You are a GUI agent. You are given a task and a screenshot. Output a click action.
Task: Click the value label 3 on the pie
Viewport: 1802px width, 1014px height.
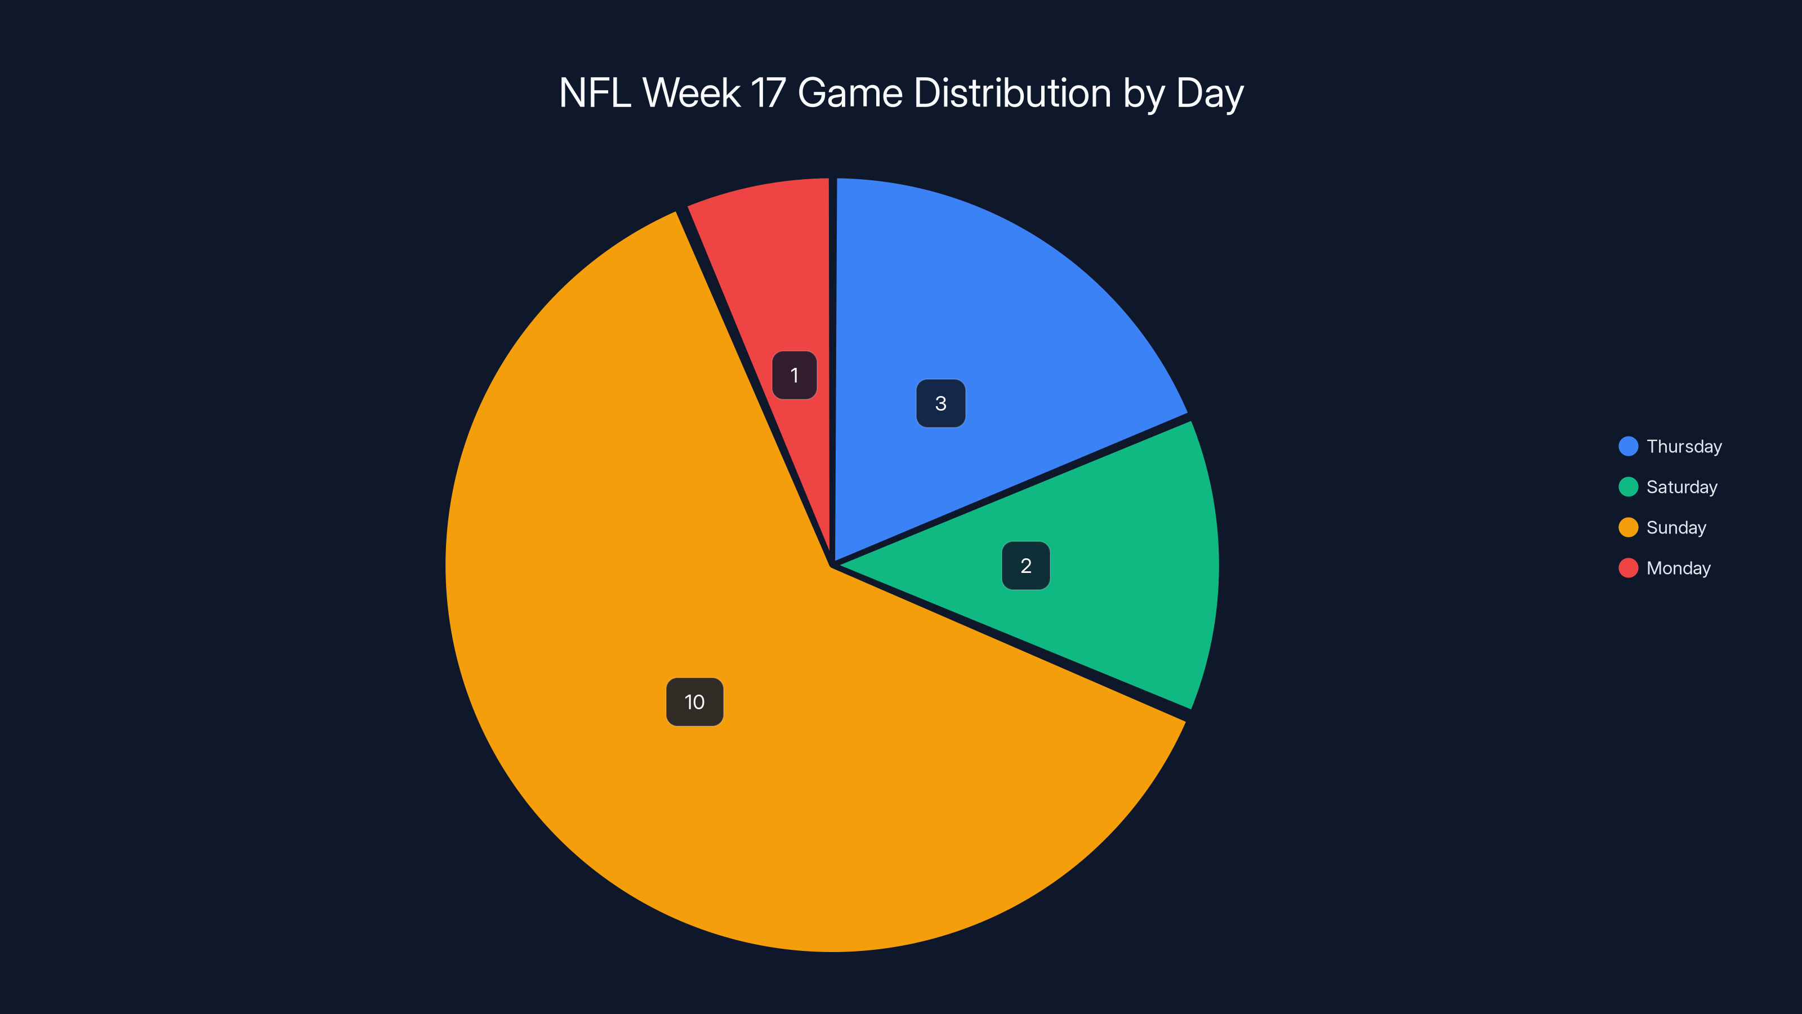941,403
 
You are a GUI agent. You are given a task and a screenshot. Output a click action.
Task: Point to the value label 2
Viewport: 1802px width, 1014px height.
1025,566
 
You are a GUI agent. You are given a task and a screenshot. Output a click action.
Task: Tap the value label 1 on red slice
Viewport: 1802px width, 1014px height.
795,375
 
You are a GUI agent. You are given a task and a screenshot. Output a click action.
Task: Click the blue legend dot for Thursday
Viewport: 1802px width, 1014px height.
1628,447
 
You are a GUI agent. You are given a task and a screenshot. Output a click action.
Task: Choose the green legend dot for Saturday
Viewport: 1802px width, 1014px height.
1628,487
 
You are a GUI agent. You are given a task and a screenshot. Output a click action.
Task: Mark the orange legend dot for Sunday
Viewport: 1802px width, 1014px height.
1628,528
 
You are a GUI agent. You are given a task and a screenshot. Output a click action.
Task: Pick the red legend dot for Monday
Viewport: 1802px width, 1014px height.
1628,568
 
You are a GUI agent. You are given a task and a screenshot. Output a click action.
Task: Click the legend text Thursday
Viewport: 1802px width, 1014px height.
1684,447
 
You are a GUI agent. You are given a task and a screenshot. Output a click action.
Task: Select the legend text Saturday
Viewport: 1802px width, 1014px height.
1681,487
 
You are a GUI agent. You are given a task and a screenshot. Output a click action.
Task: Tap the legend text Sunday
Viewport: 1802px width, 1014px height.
1676,528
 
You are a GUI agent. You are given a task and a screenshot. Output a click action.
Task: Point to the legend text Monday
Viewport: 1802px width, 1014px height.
1678,568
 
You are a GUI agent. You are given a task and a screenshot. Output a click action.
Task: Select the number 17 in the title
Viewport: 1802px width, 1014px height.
768,93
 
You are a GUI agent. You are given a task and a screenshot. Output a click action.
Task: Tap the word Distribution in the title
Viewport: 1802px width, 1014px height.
1012,93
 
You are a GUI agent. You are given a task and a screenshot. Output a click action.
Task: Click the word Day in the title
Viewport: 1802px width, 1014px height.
1210,93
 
